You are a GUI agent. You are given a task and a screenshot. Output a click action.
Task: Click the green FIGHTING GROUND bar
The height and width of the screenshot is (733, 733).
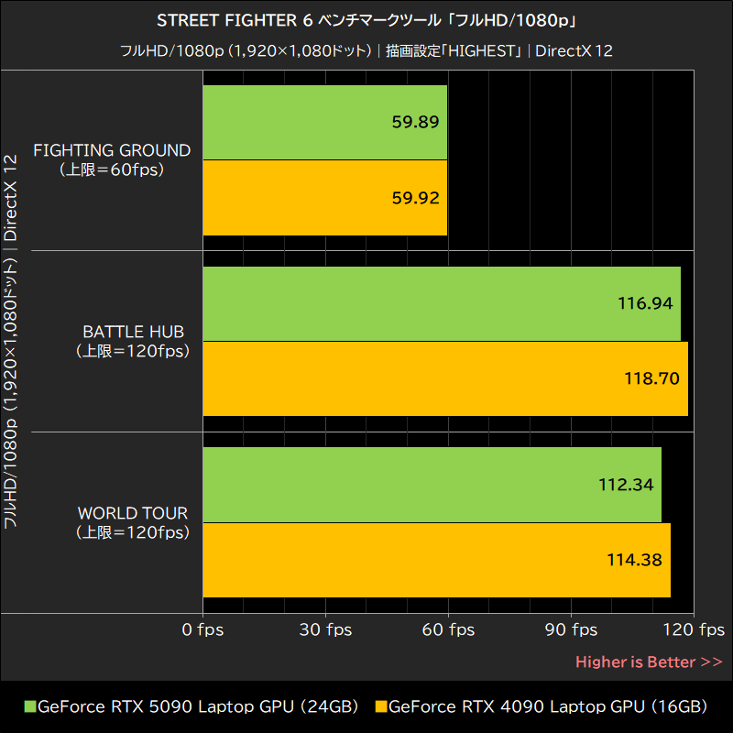point(324,123)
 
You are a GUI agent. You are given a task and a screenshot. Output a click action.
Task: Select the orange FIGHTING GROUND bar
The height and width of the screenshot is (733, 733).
point(324,198)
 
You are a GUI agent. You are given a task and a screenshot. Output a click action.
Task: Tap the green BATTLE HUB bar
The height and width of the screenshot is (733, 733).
point(441,304)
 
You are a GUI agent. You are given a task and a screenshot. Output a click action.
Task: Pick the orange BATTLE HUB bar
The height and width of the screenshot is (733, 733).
point(444,378)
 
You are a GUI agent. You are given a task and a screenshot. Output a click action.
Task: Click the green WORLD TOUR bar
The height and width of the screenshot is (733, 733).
point(432,485)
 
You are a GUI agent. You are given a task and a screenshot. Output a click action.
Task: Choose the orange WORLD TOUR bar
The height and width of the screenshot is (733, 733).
point(436,560)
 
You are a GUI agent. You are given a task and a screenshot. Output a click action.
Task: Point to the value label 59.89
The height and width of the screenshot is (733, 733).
point(415,123)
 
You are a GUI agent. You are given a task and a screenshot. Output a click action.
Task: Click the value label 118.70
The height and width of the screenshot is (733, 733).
point(652,378)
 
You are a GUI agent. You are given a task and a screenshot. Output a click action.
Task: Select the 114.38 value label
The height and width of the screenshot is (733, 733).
point(635,560)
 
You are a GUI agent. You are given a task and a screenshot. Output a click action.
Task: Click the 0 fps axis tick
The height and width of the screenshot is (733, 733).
point(202,630)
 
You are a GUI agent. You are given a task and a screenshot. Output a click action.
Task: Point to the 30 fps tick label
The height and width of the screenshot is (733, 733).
point(326,630)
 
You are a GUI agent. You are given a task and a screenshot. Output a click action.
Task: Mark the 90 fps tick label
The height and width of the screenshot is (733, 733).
point(572,630)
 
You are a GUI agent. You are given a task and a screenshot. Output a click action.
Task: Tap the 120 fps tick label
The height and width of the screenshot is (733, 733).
point(695,630)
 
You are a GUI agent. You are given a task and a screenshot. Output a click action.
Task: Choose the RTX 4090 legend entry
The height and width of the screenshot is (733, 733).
point(542,706)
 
